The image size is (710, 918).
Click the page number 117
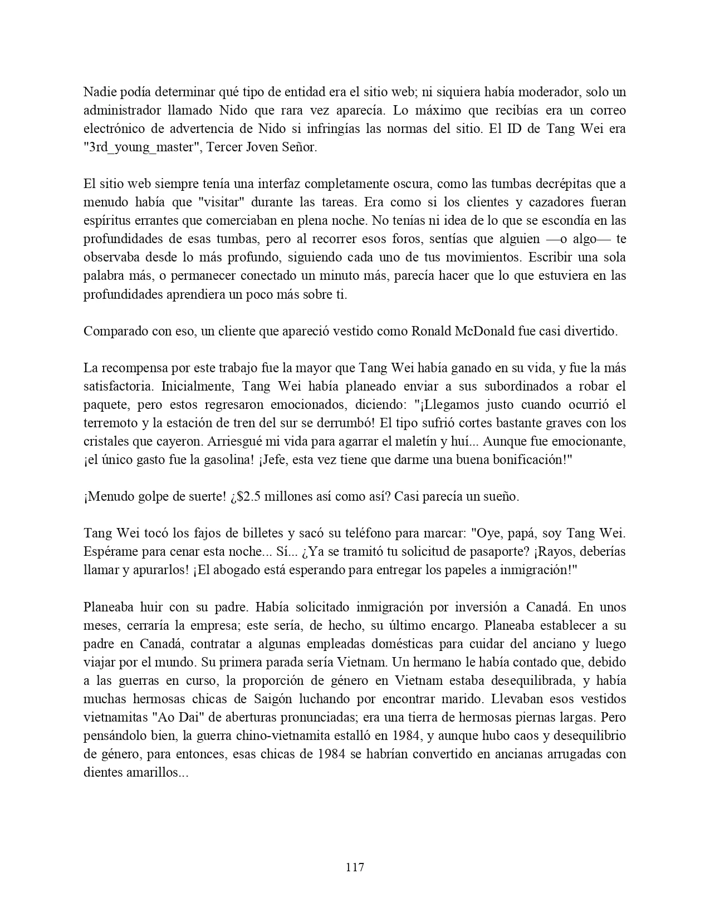tap(355, 867)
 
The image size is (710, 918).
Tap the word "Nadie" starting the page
tap(99, 92)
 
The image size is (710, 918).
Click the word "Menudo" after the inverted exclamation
tap(108, 497)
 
